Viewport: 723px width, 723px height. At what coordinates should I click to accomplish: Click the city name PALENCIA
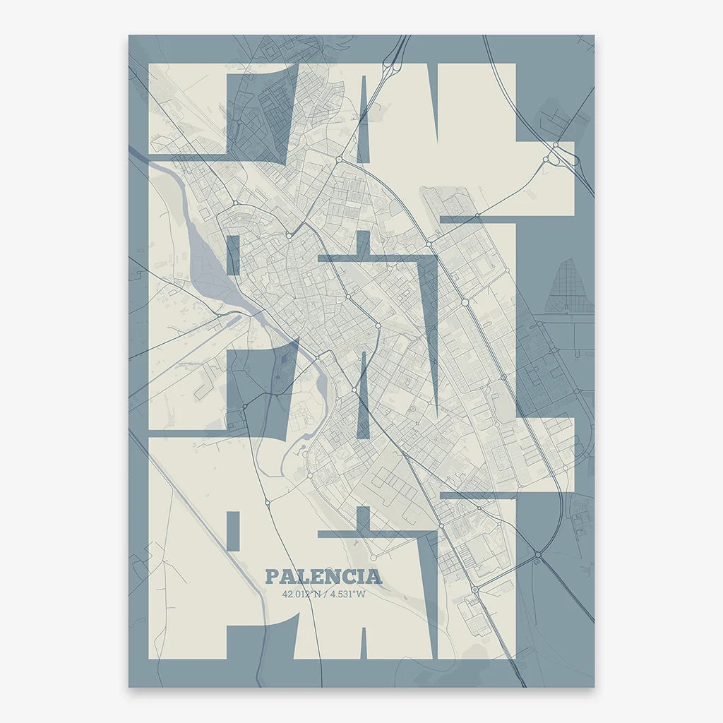323,576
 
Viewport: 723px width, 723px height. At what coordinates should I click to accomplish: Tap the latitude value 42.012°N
299,594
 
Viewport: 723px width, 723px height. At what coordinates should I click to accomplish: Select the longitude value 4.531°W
349,594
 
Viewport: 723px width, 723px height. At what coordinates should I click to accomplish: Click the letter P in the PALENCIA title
272,577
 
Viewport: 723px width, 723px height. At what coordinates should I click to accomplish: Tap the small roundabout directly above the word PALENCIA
268,503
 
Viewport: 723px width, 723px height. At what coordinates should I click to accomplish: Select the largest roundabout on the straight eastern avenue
465,302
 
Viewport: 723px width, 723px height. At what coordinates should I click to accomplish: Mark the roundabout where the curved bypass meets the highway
538,556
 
